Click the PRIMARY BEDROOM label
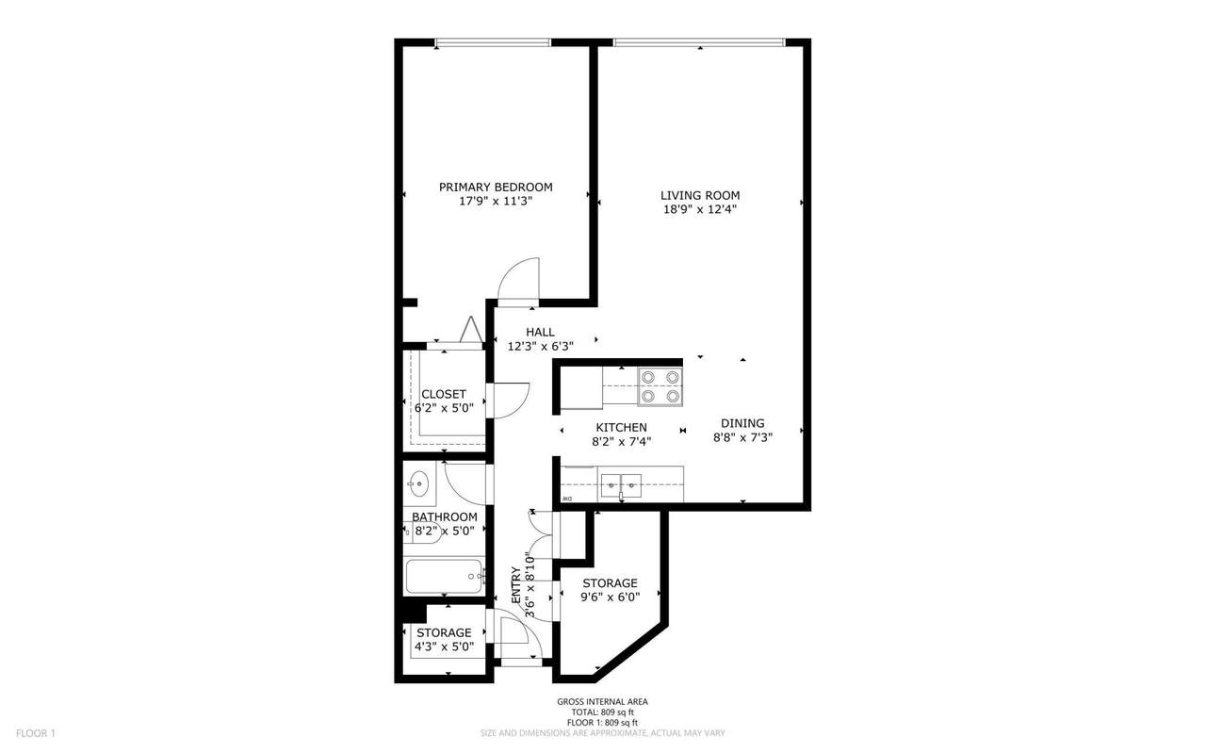click(496, 187)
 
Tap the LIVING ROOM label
click(700, 195)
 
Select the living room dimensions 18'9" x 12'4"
click(700, 209)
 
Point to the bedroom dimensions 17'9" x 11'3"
click(496, 202)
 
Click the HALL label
click(540, 333)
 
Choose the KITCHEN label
click(621, 428)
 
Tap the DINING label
click(742, 423)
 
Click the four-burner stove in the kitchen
click(660, 386)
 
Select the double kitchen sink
click(621, 486)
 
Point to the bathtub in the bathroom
click(444, 577)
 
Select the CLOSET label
click(444, 394)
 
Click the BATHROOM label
click(444, 517)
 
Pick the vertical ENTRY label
click(515, 585)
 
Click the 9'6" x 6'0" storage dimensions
click(610, 597)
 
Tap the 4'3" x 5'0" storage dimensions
click(444, 647)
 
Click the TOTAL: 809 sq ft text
click(602, 712)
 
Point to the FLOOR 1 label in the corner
click(36, 733)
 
